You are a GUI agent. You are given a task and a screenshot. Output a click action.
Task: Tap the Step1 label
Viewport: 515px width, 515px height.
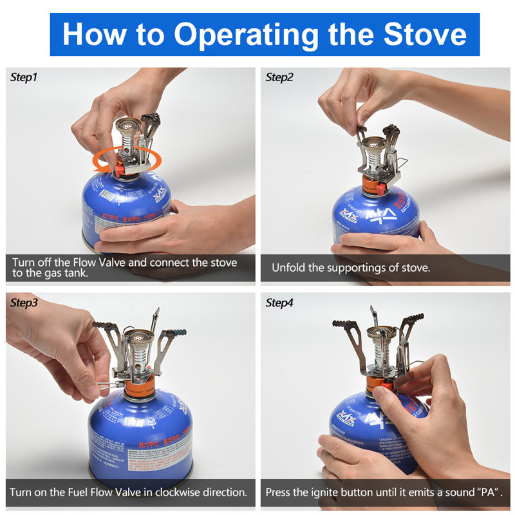[24, 77]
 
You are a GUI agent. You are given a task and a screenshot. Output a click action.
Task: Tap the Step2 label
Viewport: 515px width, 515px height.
[280, 77]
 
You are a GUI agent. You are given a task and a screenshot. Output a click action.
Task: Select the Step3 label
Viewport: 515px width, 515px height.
[24, 303]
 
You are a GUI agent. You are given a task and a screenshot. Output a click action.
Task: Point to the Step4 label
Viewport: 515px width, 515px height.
[280, 303]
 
